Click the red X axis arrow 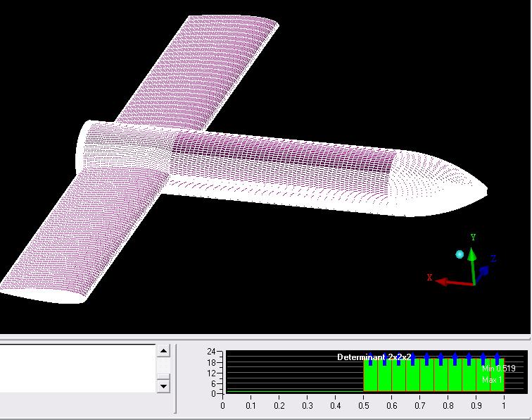coord(454,282)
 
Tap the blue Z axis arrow coord(482,274)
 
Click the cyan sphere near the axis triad coord(460,254)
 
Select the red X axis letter coord(429,277)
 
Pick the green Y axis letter coord(473,237)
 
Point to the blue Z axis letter coord(493,259)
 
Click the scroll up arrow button coord(163,351)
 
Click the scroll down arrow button coord(163,386)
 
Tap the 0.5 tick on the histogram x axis coord(363,396)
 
